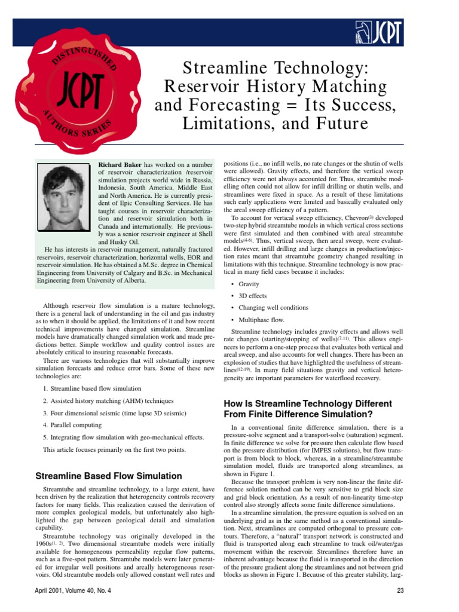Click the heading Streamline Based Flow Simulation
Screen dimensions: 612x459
108,476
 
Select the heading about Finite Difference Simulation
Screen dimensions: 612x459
308,408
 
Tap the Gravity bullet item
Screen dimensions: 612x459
249,284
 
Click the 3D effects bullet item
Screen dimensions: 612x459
252,296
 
